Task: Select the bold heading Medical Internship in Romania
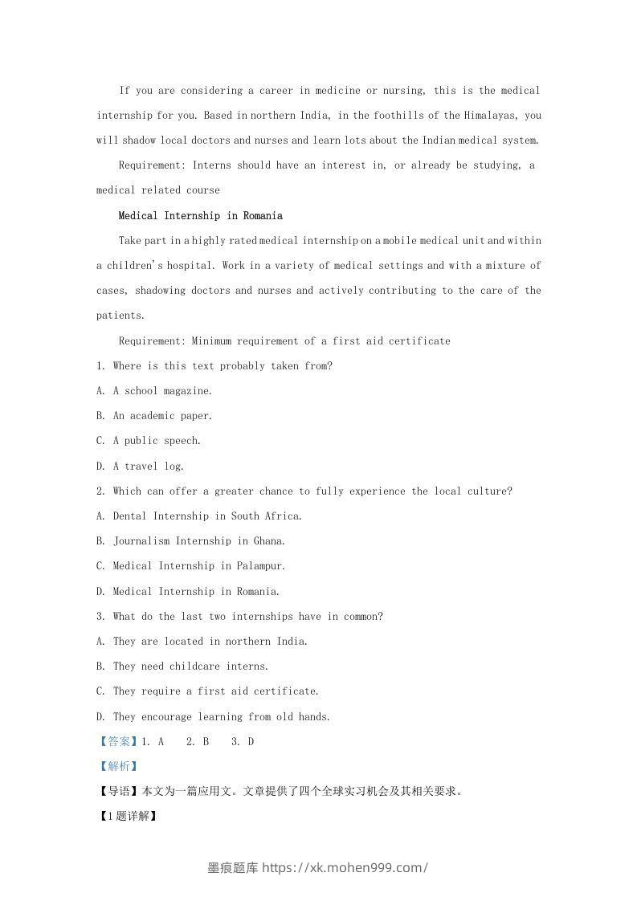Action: point(200,215)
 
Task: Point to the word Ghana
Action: point(269,540)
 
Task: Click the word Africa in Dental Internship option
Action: point(283,516)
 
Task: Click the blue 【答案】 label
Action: point(118,741)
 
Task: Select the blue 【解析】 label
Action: point(118,766)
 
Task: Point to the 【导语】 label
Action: point(118,791)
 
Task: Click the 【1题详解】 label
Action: point(126,816)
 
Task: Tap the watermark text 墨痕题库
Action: point(233,867)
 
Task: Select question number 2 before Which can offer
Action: point(100,491)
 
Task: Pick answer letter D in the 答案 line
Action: point(251,741)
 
